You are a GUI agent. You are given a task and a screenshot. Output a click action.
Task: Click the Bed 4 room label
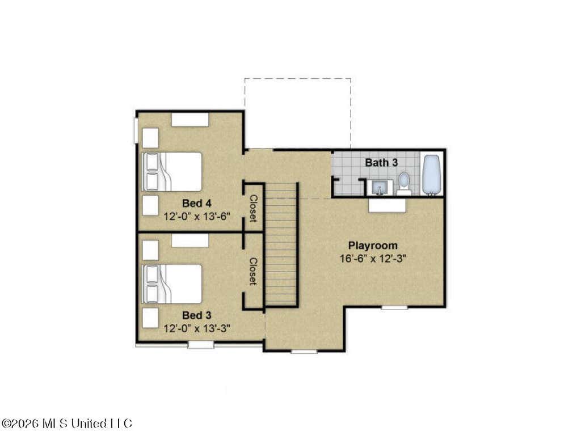point(197,204)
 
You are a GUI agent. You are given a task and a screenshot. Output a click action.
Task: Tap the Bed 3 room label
point(197,315)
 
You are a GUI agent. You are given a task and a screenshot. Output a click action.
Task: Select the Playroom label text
point(373,246)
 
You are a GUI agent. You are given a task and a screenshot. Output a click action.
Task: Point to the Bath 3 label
point(381,163)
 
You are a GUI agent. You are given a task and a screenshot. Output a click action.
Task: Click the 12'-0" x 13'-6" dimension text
point(197,216)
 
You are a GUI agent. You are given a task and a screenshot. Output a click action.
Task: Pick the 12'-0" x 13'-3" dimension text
point(197,328)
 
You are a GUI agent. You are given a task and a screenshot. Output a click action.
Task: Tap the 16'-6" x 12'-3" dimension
point(373,259)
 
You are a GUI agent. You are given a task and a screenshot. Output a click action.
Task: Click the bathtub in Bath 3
point(432,175)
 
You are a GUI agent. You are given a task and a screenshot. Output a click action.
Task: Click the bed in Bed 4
point(172,172)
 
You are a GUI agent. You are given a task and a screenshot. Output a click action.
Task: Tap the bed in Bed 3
point(172,284)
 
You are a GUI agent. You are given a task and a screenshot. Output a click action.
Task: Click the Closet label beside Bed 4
point(253,209)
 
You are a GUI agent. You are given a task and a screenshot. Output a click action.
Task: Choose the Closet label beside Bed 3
point(253,272)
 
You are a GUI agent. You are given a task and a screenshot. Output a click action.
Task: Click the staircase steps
point(281,244)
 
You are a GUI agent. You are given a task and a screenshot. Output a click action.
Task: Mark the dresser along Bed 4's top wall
point(190,120)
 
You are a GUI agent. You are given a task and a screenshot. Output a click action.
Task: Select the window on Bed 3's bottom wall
point(201,345)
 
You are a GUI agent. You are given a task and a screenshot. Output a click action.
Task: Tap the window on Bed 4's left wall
point(136,130)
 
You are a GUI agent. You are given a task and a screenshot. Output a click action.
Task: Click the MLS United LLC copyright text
point(66,423)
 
